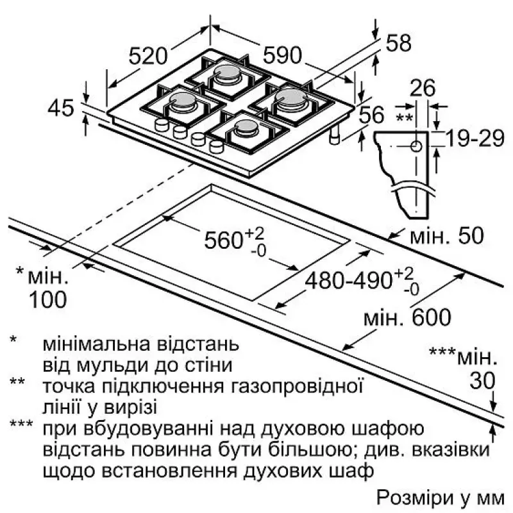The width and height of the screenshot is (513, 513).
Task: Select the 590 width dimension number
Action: tap(281, 56)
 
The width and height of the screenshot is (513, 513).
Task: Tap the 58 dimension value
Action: tap(399, 44)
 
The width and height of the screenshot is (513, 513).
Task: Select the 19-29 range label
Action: tap(475, 139)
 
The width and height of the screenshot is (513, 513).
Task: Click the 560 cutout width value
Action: tap(224, 240)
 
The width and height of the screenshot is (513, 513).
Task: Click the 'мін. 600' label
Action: tap(407, 317)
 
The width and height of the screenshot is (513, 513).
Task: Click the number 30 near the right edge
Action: tap(482, 381)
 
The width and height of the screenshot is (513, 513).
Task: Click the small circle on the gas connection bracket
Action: tap(417, 147)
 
